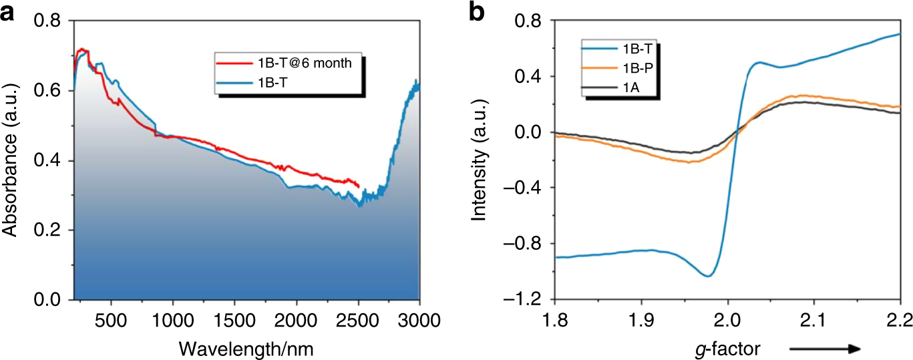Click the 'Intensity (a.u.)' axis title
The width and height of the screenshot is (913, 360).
[x=478, y=160]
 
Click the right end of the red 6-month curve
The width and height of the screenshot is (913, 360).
[x=359, y=186]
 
